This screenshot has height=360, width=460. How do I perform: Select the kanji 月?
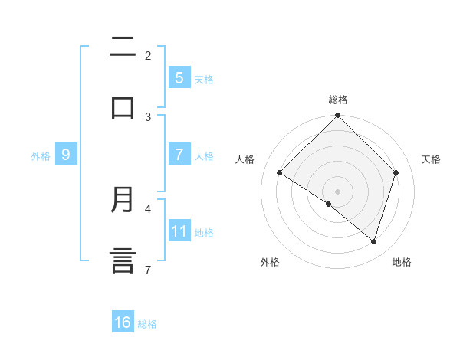point(123,200)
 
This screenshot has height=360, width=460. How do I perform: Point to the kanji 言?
point(123,260)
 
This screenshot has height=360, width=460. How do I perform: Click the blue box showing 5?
point(179,77)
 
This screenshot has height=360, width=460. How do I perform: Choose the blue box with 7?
point(179,154)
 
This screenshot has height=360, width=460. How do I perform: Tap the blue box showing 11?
point(179,231)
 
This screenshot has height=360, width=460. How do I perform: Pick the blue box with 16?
point(123,322)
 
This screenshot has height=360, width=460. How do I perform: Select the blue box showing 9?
point(66,155)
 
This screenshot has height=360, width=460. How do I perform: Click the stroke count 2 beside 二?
point(148,55)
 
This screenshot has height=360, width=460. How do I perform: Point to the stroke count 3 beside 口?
point(148,116)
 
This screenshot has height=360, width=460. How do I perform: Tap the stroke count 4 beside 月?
point(148,208)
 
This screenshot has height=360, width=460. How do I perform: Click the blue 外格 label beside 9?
point(41,155)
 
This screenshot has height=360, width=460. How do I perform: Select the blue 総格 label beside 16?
point(147,324)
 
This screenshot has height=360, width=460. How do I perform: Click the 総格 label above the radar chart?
point(338,100)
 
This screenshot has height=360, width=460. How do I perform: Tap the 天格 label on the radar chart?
point(432,159)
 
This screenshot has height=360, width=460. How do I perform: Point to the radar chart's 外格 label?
point(269,262)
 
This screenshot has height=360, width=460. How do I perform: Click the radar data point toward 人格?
point(280,173)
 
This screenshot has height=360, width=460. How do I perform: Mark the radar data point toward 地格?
point(374,241)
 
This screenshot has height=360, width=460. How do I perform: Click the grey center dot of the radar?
point(338,191)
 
